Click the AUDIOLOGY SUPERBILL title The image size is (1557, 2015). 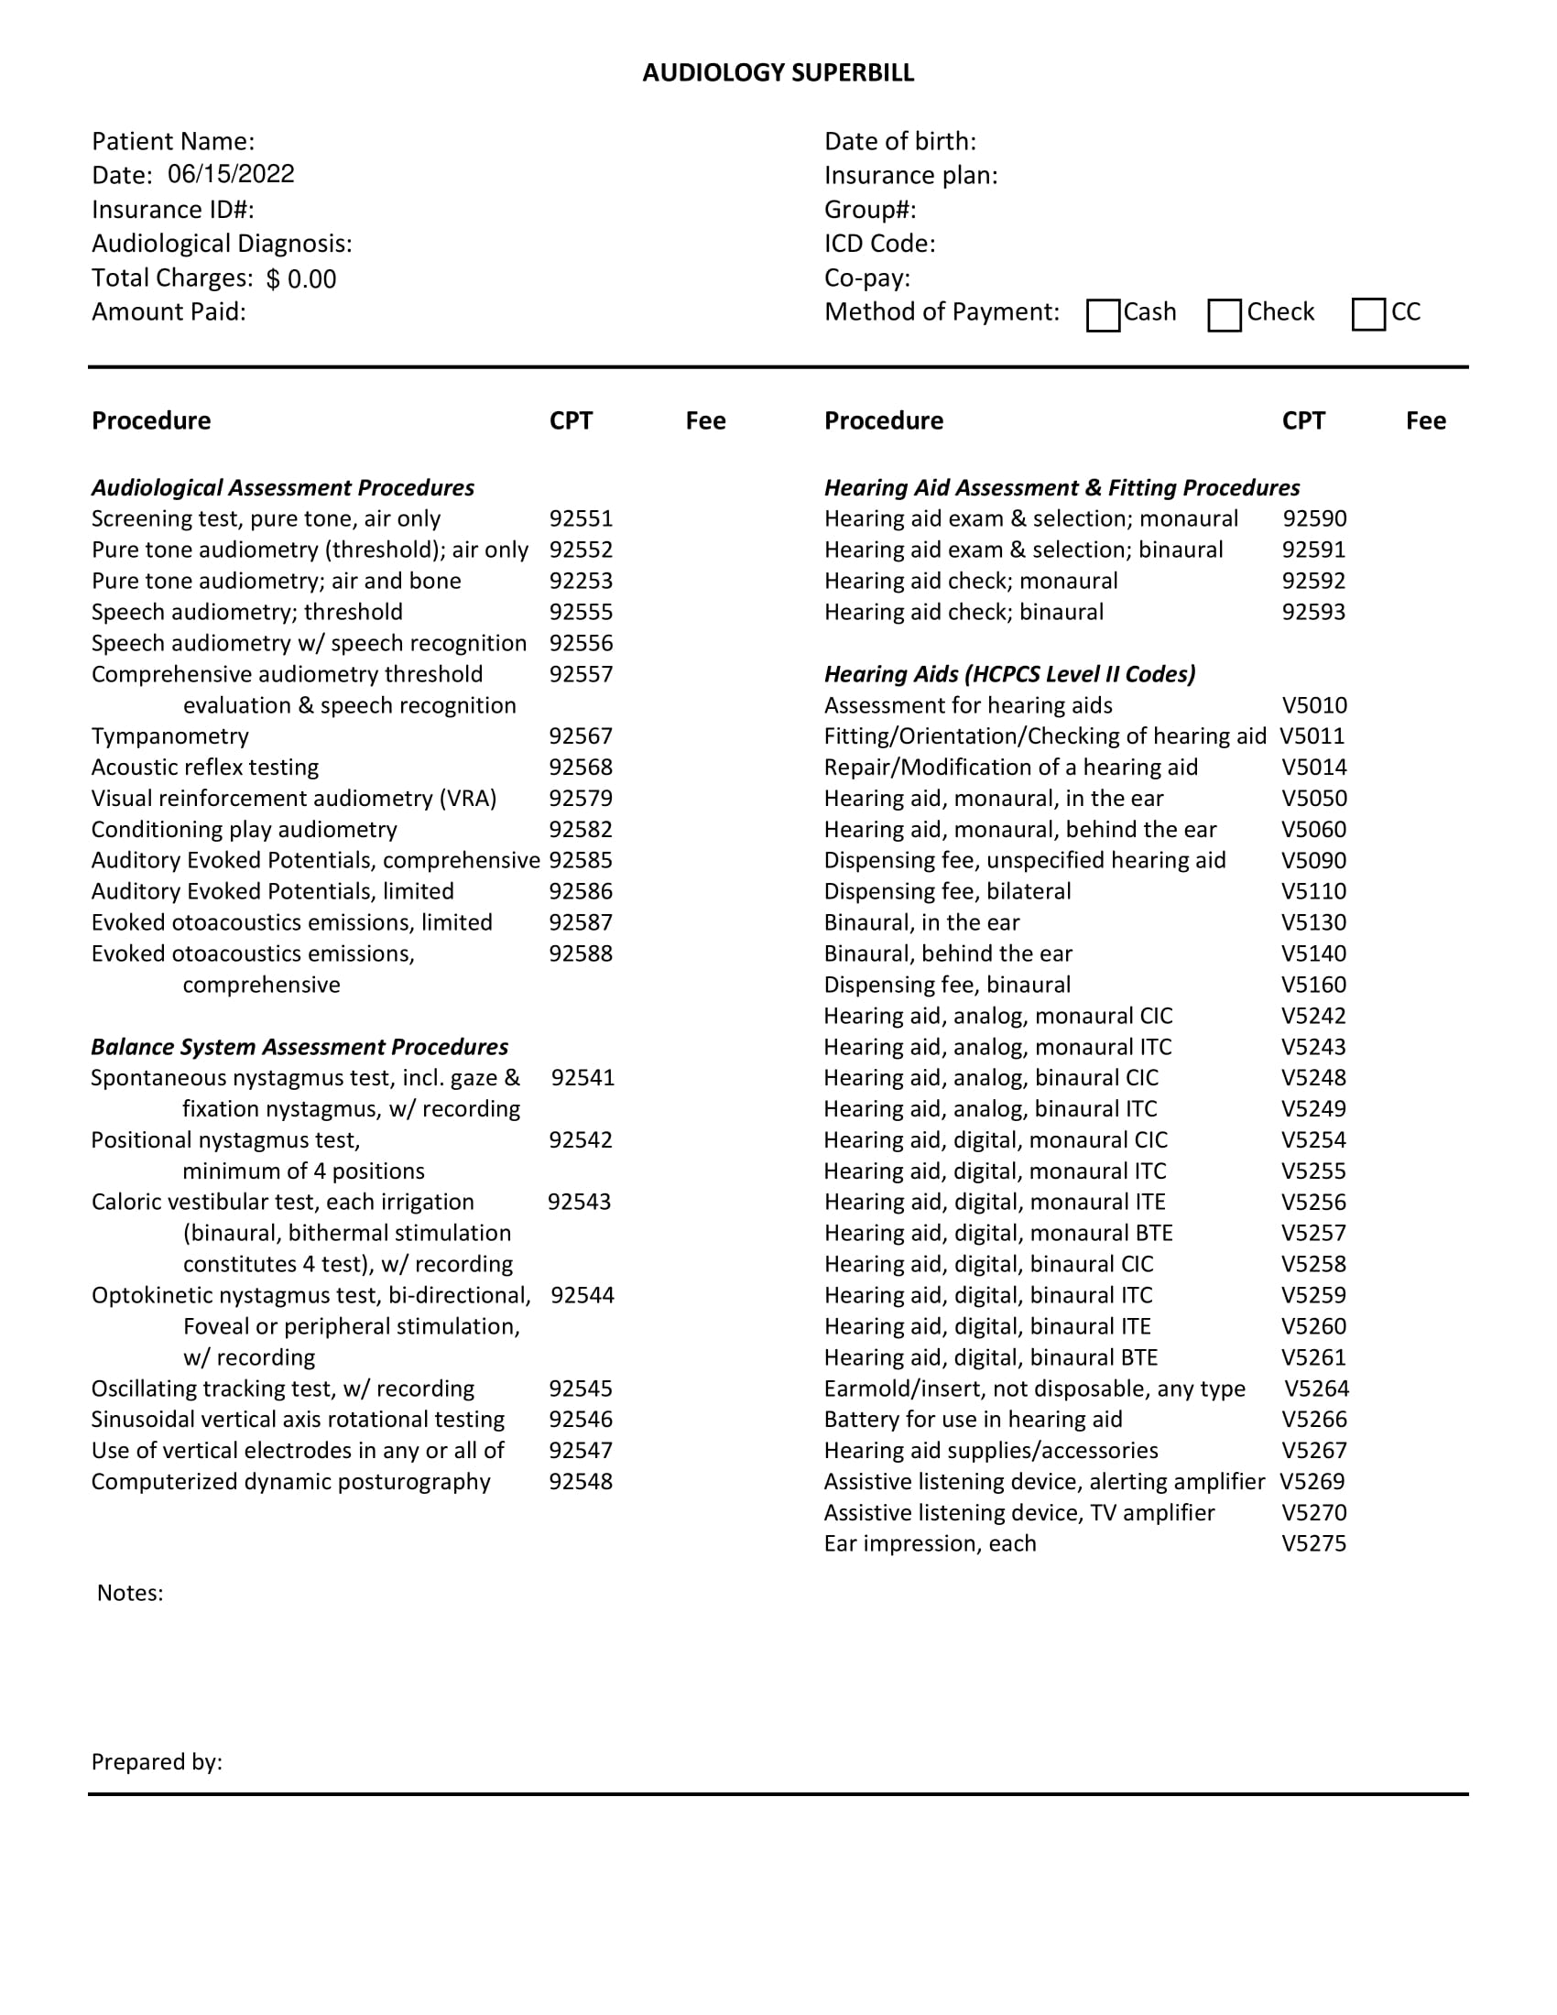click(x=778, y=73)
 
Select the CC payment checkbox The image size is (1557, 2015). click(x=1368, y=314)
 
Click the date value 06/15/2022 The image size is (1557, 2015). click(x=231, y=174)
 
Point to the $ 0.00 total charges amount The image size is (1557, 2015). click(x=301, y=279)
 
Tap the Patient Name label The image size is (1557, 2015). click(x=172, y=142)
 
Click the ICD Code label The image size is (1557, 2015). click(x=879, y=245)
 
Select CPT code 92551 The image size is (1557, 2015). click(x=581, y=519)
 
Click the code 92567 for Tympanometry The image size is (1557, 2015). click(x=581, y=737)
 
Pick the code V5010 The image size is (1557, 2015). click(x=1314, y=706)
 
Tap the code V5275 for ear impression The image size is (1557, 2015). click(x=1313, y=1543)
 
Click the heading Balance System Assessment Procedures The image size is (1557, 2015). click(x=299, y=1047)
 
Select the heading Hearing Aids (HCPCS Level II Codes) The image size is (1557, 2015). click(x=1009, y=674)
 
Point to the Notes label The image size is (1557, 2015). click(x=130, y=1594)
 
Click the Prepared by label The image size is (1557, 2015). click(x=157, y=1762)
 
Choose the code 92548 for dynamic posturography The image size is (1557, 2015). click(x=581, y=1482)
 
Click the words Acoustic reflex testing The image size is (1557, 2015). click(x=205, y=768)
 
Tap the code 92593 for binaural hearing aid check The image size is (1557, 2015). click(x=1313, y=613)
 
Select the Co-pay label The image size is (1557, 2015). click(x=867, y=278)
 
